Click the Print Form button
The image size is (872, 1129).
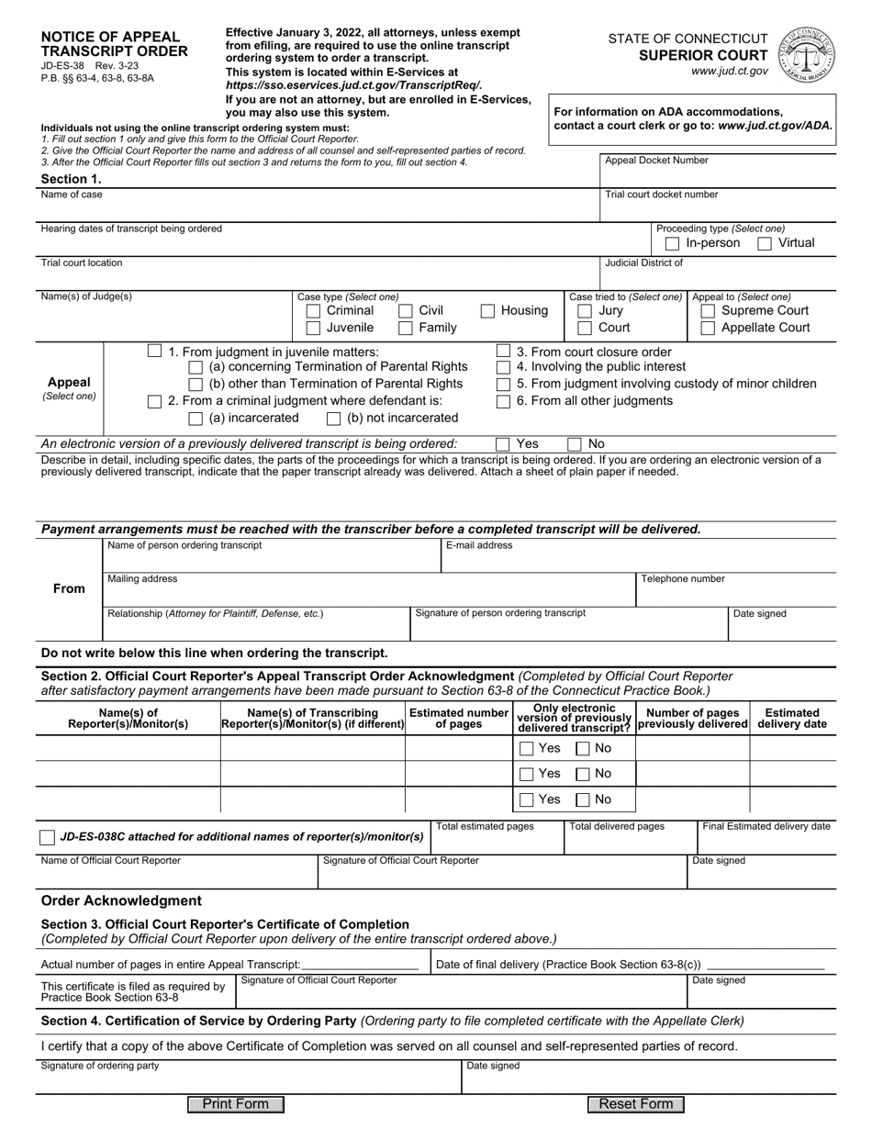tap(236, 1104)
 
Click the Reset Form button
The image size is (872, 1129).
tap(636, 1104)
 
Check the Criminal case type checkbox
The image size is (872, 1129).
tap(312, 311)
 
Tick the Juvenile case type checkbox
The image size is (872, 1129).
tap(312, 328)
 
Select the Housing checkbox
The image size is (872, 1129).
tap(488, 311)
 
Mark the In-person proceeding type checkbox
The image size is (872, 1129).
tap(672, 243)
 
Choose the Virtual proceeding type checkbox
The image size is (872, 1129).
tap(765, 243)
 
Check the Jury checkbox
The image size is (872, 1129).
tap(585, 311)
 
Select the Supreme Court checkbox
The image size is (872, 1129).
tap(708, 311)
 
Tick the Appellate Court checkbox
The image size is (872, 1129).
tap(708, 328)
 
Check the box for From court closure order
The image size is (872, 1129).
tap(503, 352)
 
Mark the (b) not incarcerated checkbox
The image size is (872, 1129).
tap(334, 419)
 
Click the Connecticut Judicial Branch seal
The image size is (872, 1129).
tap(806, 53)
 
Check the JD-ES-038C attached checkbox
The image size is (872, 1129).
tap(47, 837)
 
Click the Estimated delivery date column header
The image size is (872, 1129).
tap(792, 719)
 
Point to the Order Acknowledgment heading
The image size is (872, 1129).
tap(121, 900)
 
